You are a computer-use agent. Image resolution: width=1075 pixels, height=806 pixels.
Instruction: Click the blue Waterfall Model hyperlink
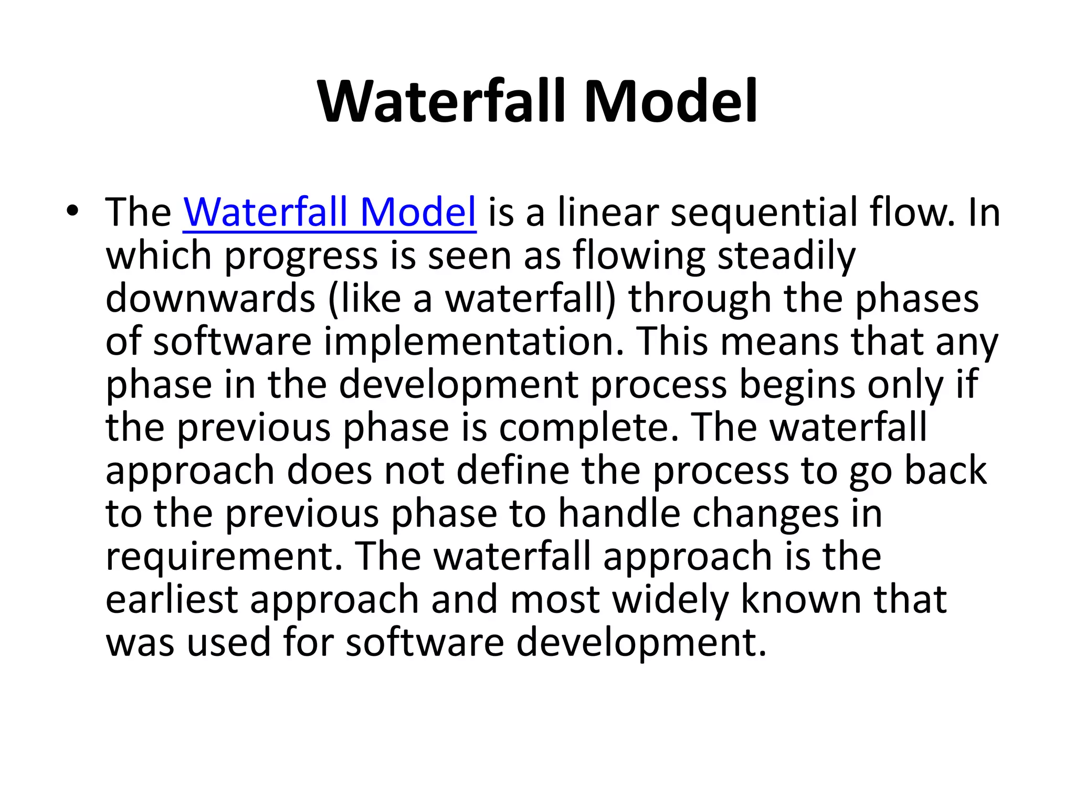point(329,213)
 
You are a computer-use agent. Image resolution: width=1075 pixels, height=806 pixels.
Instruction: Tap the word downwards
point(210,299)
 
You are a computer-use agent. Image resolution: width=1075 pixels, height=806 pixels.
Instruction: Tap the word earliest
point(172,599)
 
